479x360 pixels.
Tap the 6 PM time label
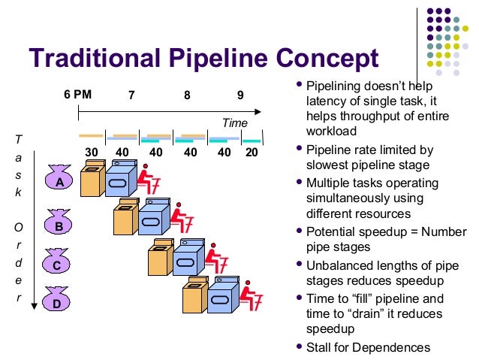pyautogui.click(x=77, y=95)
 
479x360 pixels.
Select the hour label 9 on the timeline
pyautogui.click(x=240, y=95)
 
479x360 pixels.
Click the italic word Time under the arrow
pyautogui.click(x=234, y=122)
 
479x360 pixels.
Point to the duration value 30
pyautogui.click(x=91, y=152)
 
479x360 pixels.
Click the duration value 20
pyautogui.click(x=251, y=152)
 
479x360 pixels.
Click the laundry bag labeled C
pyautogui.click(x=56, y=264)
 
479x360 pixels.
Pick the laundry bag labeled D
pyautogui.click(x=56, y=302)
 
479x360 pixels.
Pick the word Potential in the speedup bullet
pyautogui.click(x=330, y=232)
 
